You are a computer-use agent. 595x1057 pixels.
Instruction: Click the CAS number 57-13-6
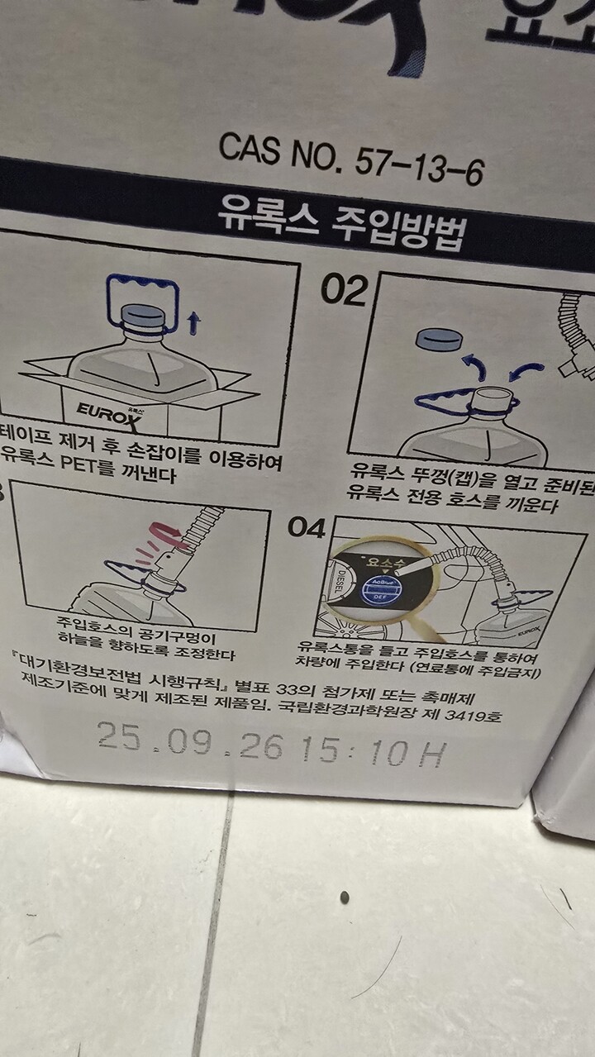click(350, 160)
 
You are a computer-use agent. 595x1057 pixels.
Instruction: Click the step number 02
click(343, 290)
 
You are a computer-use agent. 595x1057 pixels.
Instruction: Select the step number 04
click(307, 527)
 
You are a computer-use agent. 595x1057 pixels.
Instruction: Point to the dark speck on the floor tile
click(345, 897)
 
